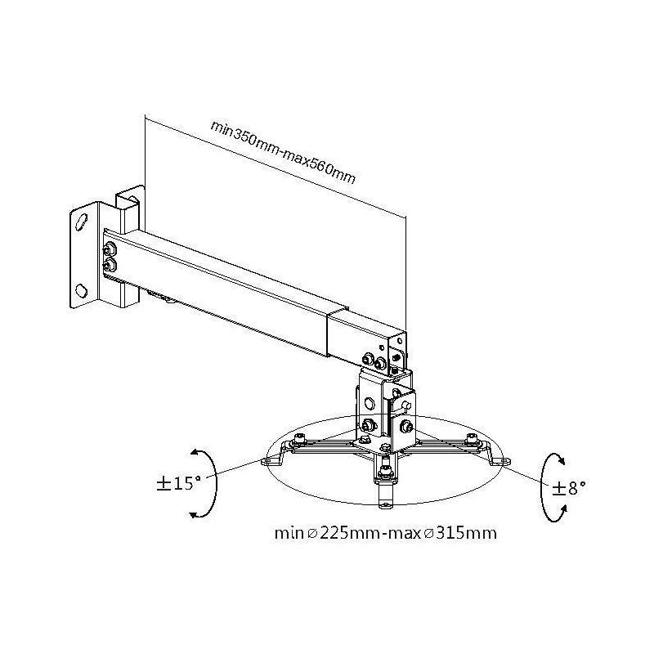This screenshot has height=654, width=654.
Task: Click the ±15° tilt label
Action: (x=178, y=482)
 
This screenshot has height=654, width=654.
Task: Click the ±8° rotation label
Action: (x=568, y=488)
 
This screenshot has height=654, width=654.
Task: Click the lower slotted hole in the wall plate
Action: (x=82, y=289)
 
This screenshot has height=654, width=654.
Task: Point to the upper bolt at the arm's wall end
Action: (x=109, y=249)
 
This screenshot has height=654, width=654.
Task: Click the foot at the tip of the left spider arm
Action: (x=267, y=462)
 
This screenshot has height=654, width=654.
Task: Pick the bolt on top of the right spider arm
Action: (x=472, y=439)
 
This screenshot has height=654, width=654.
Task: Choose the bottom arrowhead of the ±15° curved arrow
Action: (x=195, y=513)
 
